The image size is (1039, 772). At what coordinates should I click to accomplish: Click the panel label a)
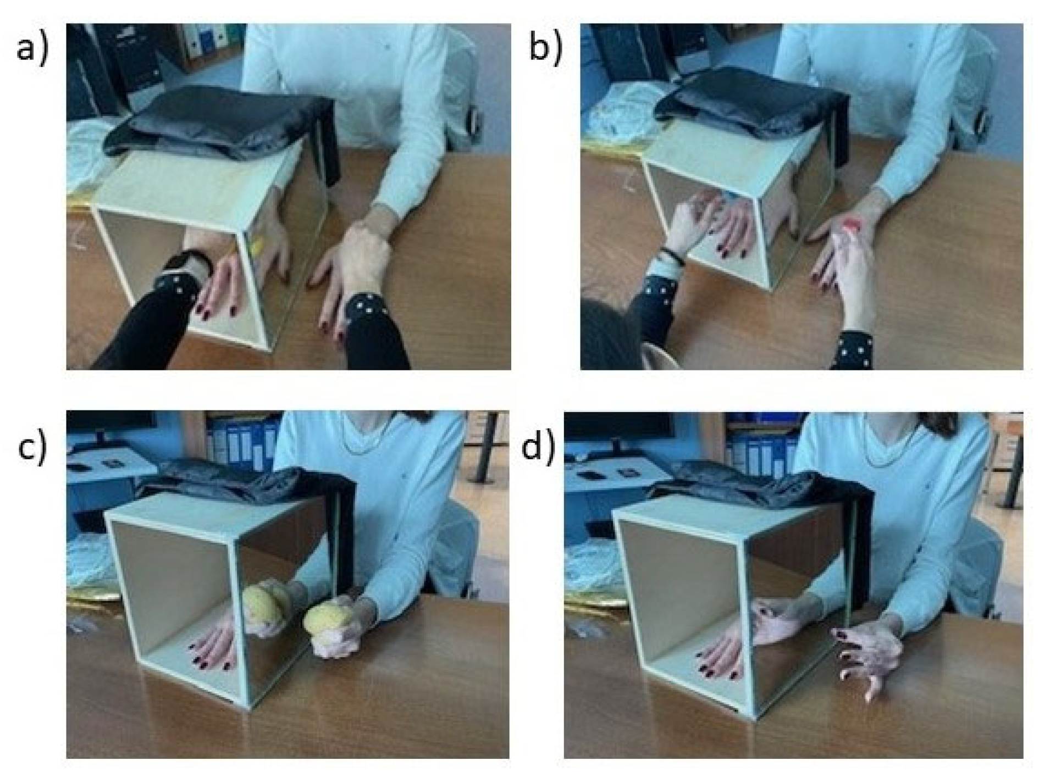[x=32, y=49]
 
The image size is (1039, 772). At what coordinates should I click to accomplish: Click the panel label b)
[x=546, y=48]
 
